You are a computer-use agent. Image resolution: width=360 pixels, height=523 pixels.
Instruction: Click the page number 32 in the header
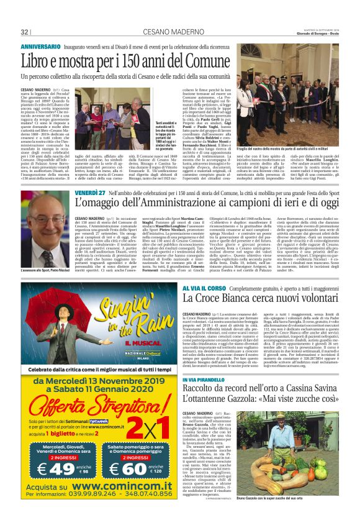tap(24, 32)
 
